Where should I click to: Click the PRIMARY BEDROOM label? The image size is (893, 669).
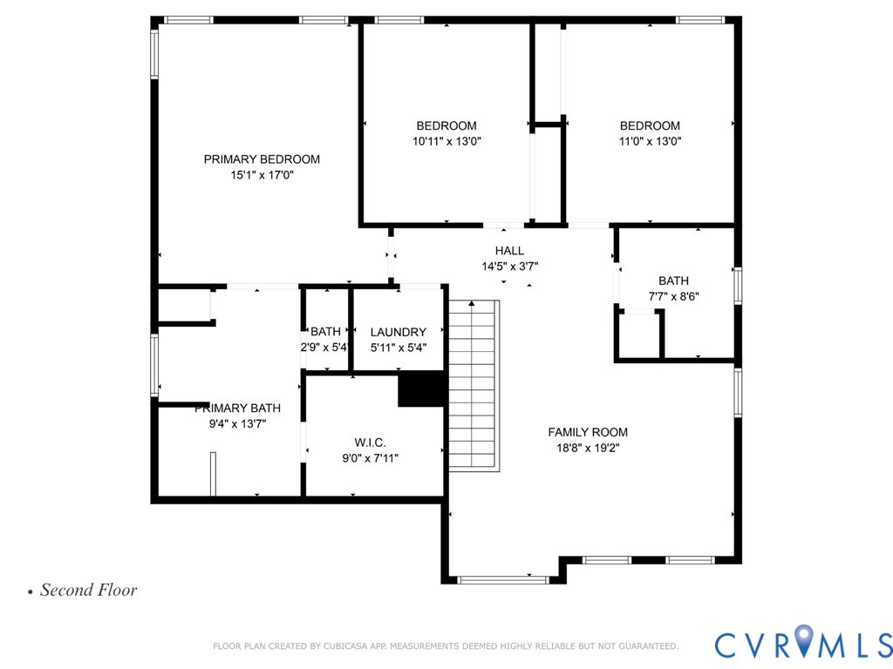[262, 159]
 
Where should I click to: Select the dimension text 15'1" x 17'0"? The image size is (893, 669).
[262, 175]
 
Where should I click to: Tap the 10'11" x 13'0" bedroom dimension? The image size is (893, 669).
[446, 141]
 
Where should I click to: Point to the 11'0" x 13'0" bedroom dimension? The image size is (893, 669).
[650, 141]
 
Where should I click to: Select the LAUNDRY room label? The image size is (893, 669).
[398, 332]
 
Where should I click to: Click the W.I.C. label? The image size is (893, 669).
[370, 442]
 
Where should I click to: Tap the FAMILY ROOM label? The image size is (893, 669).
[587, 432]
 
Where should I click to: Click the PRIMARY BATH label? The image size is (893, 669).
[237, 408]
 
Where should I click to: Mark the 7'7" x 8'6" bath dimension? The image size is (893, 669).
[673, 296]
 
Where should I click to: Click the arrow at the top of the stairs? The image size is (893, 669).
[472, 304]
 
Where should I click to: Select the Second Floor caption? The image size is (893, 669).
[88, 590]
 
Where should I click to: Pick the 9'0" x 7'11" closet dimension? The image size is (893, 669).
[370, 457]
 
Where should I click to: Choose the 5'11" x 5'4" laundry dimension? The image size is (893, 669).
[398, 348]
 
